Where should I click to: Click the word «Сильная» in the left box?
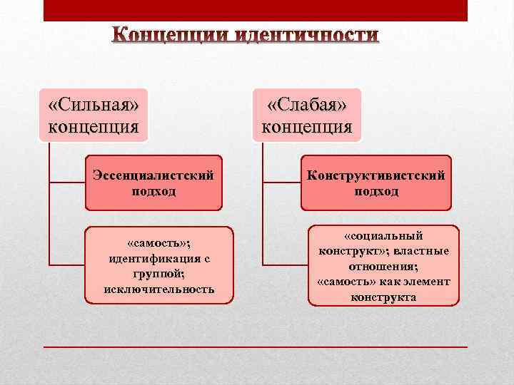pos(93,105)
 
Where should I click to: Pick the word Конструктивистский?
pos(376,175)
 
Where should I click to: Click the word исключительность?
pos(158,289)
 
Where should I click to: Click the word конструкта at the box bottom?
pos(383,297)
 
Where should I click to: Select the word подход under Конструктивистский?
pos(376,191)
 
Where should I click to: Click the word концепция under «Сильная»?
pos(93,127)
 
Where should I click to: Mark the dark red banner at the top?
pos(255,10)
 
